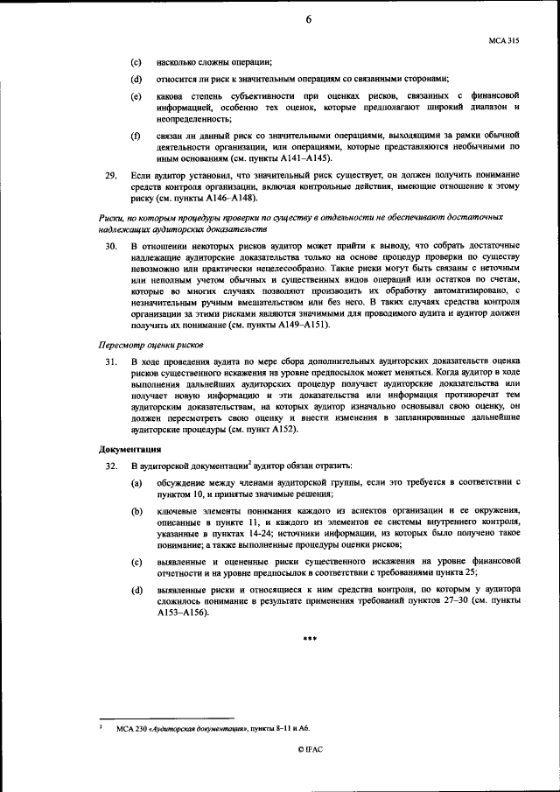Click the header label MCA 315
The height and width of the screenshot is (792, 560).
click(505, 41)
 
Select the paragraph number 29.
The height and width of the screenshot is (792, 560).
click(111, 175)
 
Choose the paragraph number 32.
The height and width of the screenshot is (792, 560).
click(111, 466)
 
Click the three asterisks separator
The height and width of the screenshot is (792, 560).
click(309, 639)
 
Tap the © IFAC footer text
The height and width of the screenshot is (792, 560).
click(309, 774)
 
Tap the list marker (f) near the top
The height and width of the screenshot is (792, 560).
click(136, 137)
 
